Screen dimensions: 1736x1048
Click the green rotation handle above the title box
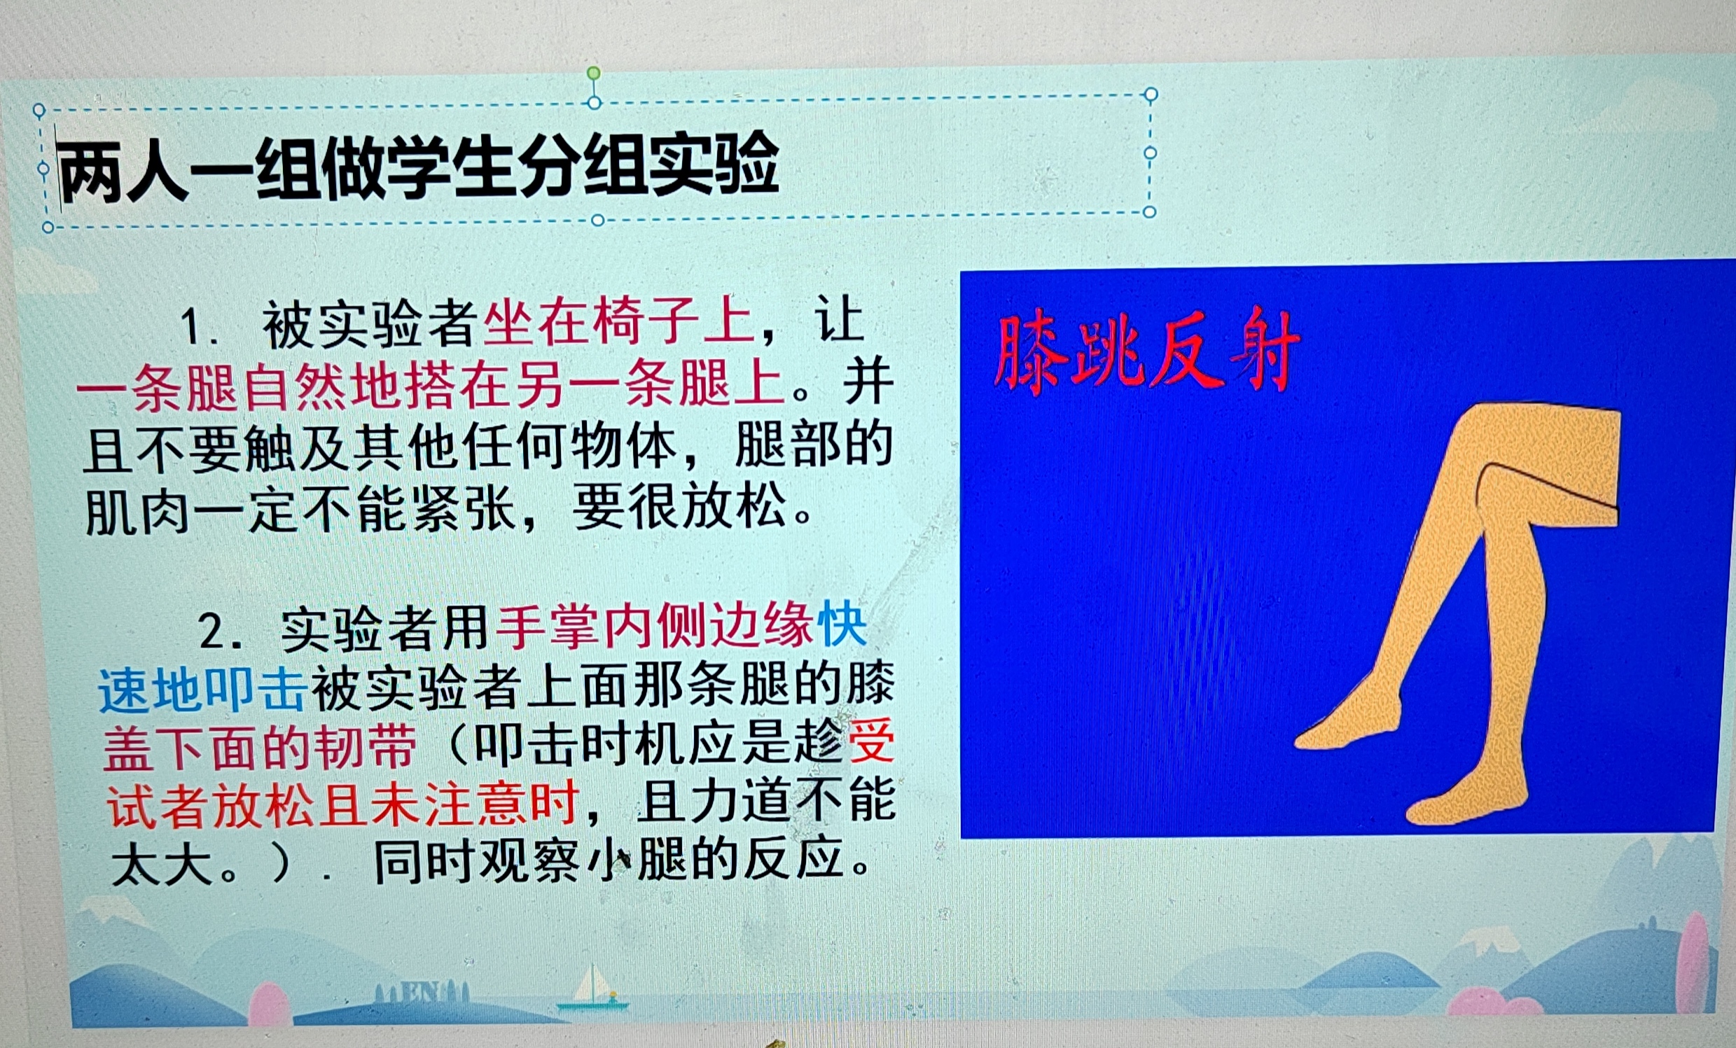tap(594, 74)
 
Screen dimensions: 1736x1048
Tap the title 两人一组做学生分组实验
tap(419, 167)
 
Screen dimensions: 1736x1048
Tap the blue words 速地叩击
tap(202, 688)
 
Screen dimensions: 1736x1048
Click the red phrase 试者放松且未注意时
tap(343, 804)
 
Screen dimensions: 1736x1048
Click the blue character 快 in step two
tap(842, 624)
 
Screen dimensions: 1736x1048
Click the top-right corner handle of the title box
tap(1151, 95)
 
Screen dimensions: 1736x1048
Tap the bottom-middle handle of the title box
tap(598, 221)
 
